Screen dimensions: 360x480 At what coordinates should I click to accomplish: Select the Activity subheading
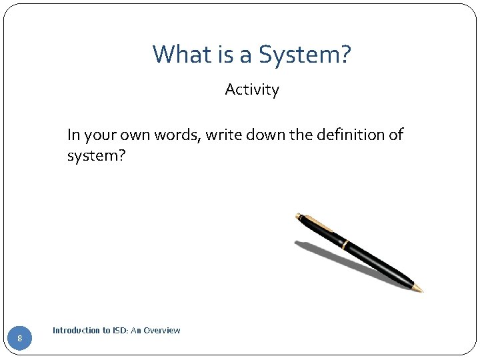[252, 90]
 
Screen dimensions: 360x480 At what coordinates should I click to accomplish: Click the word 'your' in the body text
[99, 135]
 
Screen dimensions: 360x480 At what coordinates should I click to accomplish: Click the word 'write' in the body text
[225, 135]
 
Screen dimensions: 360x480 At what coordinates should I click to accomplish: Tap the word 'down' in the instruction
[267, 135]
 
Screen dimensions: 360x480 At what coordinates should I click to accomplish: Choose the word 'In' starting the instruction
[73, 135]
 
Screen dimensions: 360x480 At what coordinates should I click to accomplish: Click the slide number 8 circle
[20, 339]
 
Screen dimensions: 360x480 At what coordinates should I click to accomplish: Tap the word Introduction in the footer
[73, 330]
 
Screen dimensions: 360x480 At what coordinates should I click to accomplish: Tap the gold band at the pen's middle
[345, 244]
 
